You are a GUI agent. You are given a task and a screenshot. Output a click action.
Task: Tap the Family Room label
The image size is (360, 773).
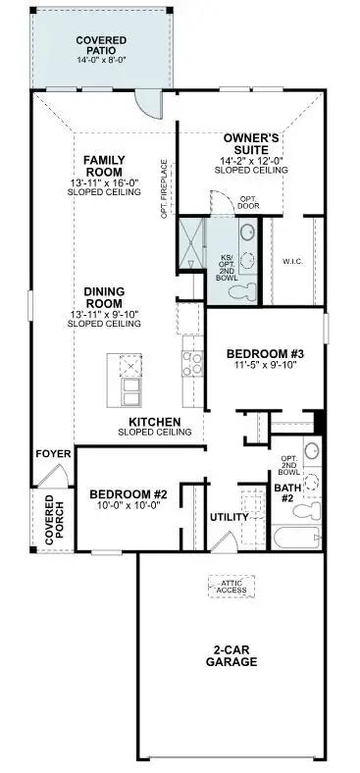(x=103, y=166)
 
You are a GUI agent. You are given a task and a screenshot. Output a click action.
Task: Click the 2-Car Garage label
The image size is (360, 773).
(x=236, y=655)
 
